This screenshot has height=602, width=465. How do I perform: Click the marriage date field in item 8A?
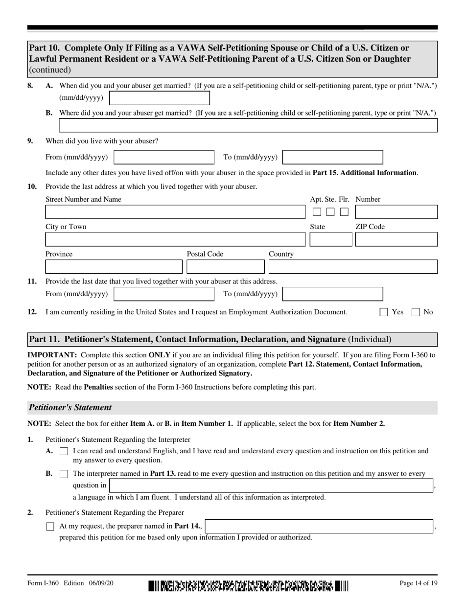[x=159, y=98]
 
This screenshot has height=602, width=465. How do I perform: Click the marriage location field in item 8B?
[x=248, y=126]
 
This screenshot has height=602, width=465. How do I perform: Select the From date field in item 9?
[x=164, y=157]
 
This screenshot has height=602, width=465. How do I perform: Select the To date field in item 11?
[x=333, y=294]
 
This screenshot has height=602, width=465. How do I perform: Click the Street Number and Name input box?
[x=175, y=212]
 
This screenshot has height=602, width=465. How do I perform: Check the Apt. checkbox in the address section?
[x=317, y=212]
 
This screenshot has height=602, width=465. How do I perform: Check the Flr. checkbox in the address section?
[x=344, y=212]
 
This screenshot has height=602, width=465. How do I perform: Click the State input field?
[x=331, y=239]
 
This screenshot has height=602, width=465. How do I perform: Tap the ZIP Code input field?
[x=396, y=239]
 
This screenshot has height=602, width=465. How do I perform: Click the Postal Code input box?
[x=226, y=267]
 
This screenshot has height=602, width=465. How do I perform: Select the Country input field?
[x=353, y=267]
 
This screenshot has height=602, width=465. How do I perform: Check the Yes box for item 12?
[x=384, y=312]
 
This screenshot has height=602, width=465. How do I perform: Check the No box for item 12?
[x=416, y=312]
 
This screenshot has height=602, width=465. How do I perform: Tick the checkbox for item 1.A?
[x=64, y=452]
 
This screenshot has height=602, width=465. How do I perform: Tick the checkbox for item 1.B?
[x=64, y=474]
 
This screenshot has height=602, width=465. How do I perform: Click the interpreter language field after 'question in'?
[x=271, y=486]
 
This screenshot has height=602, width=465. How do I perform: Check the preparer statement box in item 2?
[x=50, y=527]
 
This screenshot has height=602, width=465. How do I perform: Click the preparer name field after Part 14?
[x=319, y=526]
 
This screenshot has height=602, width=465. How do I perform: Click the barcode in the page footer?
[x=249, y=586]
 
